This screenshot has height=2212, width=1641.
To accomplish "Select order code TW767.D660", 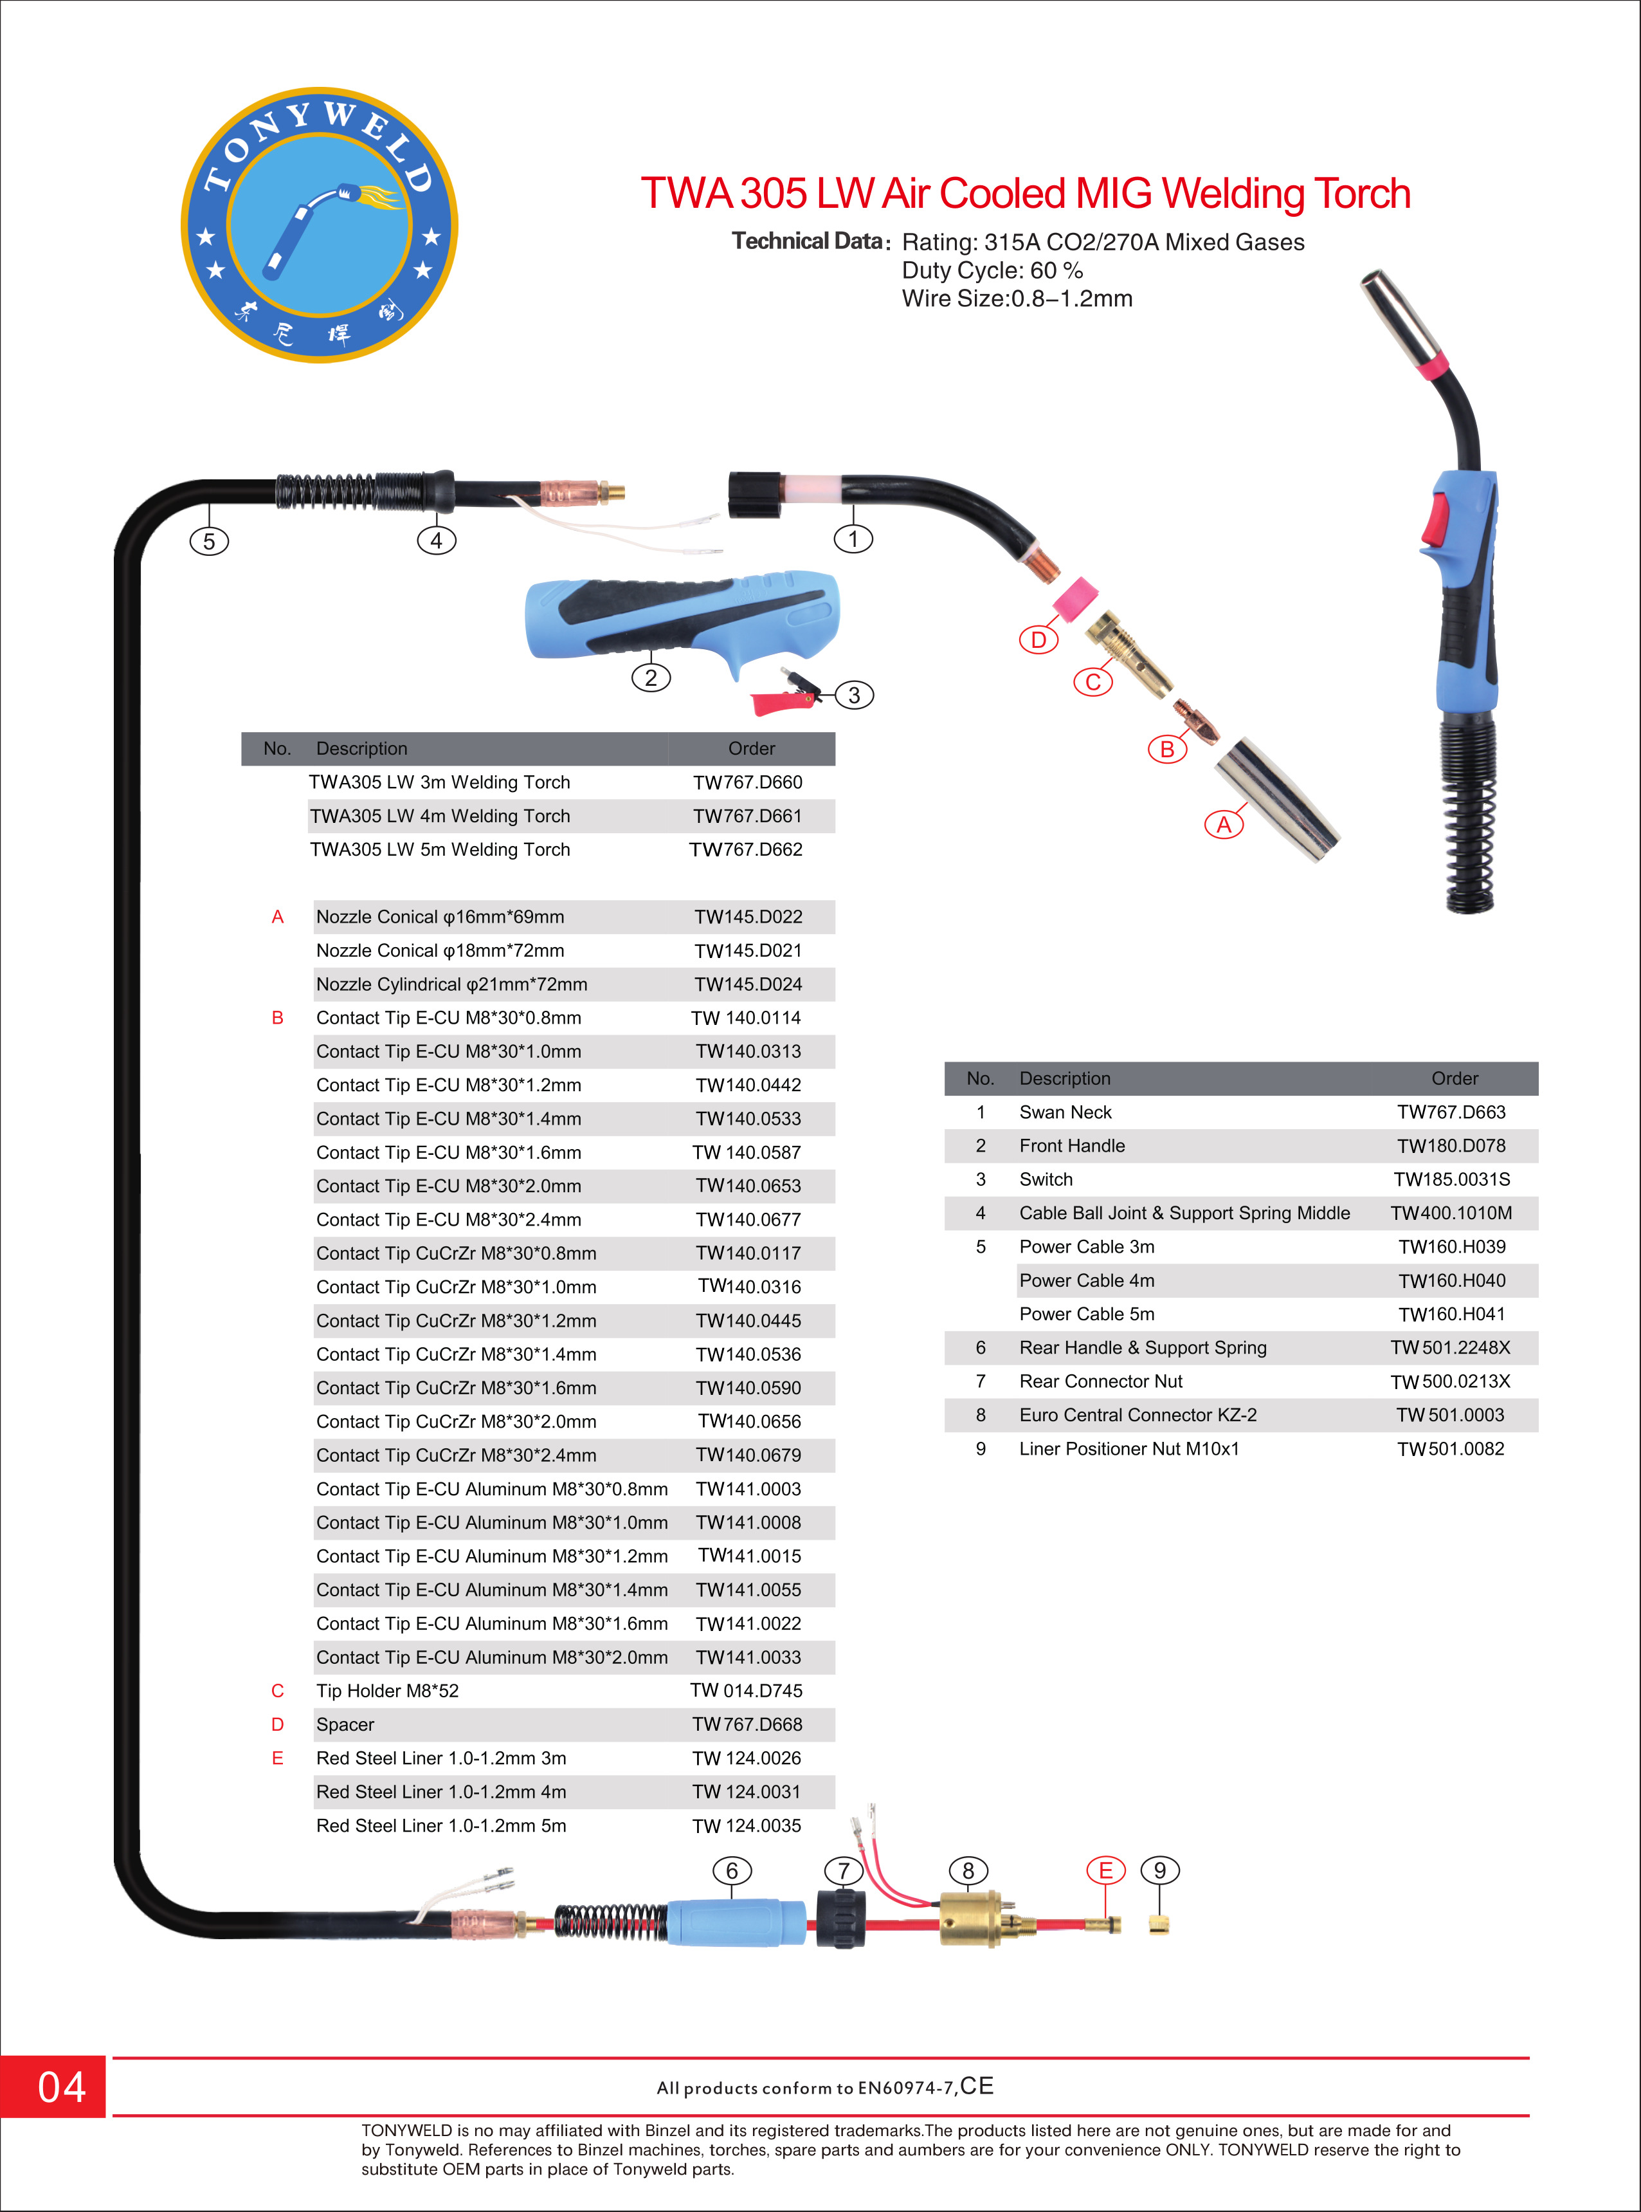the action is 747,782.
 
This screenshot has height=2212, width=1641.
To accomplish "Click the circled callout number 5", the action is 208,542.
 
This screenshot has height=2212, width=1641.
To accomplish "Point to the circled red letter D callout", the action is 1038,640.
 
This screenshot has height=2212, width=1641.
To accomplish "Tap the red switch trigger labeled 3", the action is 784,692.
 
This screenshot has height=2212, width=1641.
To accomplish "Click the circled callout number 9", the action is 1159,1871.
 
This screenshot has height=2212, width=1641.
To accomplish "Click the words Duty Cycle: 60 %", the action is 992,270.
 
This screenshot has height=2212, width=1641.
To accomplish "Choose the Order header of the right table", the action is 1455,1078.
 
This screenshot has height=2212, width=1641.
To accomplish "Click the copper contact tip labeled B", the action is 1197,721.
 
